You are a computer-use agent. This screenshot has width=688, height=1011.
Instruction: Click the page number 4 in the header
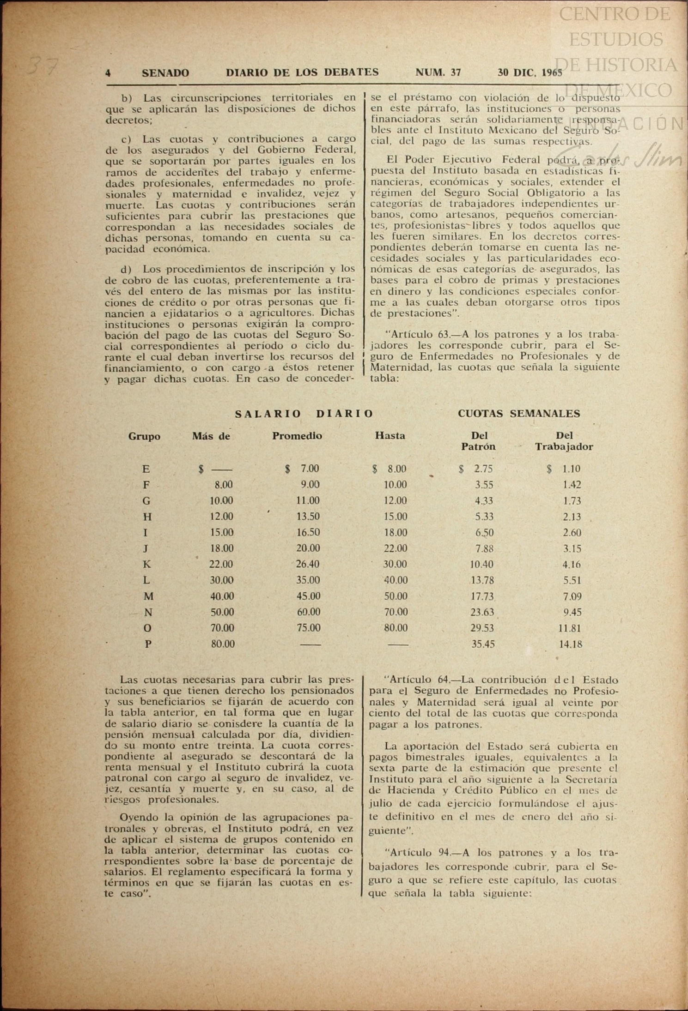108,73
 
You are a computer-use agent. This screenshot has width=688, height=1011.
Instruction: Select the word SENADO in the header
165,73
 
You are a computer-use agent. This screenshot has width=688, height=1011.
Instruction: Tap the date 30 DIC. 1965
530,72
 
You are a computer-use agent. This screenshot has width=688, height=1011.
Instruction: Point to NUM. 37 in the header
438,72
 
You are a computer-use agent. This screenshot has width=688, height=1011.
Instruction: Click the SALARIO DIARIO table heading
304,414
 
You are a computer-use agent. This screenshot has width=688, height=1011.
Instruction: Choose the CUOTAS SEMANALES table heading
518,414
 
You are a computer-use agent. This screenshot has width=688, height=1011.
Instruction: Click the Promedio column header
297,436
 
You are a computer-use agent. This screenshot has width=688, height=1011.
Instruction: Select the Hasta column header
390,436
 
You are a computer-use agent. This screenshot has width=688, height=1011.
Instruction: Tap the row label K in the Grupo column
147,564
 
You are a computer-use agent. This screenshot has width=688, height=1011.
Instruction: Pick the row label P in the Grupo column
148,644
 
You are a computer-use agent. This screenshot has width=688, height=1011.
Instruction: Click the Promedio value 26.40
308,564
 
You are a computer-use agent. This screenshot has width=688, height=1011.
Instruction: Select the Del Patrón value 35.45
483,644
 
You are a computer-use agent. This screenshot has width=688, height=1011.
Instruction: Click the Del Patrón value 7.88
484,548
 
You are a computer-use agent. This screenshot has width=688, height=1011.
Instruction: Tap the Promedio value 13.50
308,517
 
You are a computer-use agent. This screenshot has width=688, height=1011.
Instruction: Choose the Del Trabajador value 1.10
571,469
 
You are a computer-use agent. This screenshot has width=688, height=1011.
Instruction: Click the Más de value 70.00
222,628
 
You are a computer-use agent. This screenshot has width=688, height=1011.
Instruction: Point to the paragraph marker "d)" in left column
126,269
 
